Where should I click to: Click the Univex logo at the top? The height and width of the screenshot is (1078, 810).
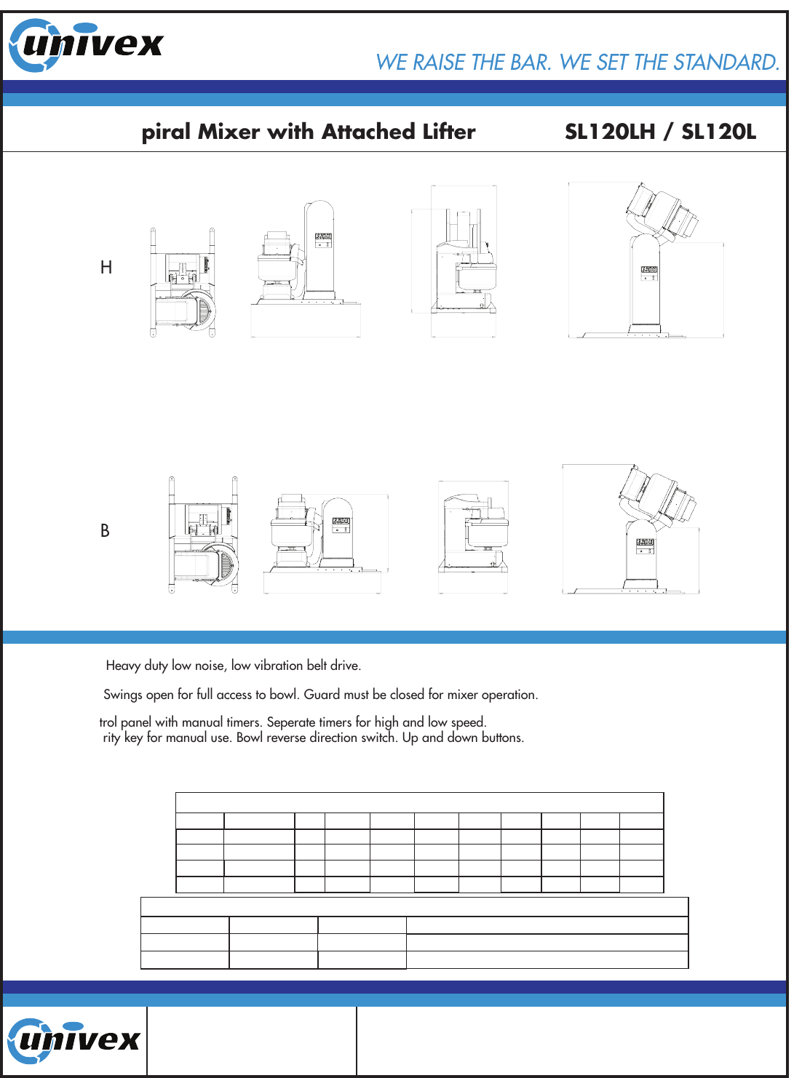(x=86, y=45)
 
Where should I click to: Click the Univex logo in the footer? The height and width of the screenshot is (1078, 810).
(x=74, y=1041)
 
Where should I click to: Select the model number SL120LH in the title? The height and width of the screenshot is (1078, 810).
(x=610, y=132)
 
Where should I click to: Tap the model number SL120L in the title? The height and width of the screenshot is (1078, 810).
(x=718, y=132)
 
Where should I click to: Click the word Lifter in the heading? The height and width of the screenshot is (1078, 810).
(x=449, y=132)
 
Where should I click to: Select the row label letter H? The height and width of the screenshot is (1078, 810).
(x=106, y=267)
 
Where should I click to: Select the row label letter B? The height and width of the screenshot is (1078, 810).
(x=105, y=530)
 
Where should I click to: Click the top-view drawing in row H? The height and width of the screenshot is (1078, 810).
(x=182, y=282)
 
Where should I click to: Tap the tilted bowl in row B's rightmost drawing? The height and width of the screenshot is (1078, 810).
(x=658, y=495)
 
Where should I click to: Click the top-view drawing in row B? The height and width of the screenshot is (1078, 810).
(x=203, y=535)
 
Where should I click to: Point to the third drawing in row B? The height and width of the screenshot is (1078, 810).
(x=473, y=537)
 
